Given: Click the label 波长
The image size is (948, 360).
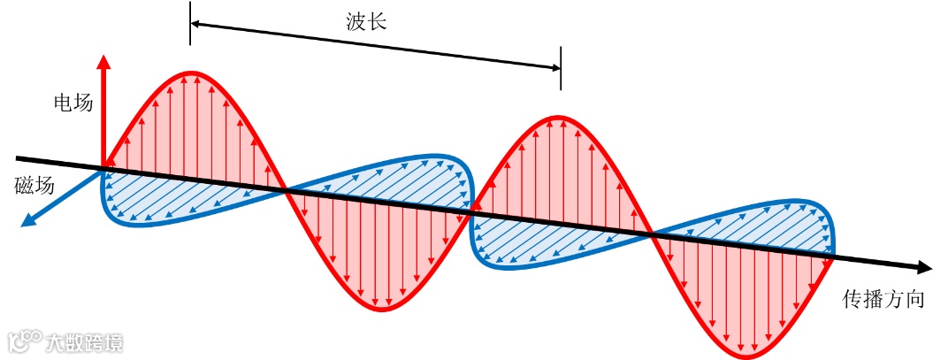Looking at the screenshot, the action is [x=366, y=22].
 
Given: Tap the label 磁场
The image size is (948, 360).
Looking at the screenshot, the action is [x=34, y=185].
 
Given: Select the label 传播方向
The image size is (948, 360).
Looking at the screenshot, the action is [x=883, y=299].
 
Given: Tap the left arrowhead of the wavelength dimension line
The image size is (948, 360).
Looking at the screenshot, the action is [x=196, y=24].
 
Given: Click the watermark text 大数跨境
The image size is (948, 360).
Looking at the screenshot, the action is [x=85, y=342].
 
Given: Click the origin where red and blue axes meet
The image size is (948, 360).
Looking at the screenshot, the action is [x=104, y=166].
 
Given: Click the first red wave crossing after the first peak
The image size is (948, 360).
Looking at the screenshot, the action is [x=284, y=188].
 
